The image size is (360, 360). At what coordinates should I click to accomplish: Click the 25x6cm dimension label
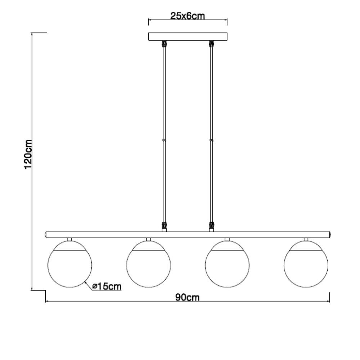pyautogui.click(x=187, y=16)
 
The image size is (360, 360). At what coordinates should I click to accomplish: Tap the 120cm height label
pyautogui.click(x=28, y=154)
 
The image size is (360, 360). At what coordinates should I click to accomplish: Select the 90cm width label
pyautogui.click(x=187, y=297)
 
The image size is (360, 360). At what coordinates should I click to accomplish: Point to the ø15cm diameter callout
pyautogui.click(x=107, y=286)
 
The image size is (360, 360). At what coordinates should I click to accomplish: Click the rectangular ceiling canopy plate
pyautogui.click(x=188, y=37)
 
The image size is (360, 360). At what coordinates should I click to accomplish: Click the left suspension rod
pyautogui.click(x=164, y=136)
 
